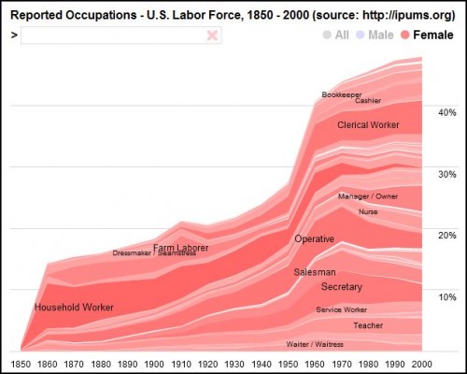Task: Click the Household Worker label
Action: pos(74,308)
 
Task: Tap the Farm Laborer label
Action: pos(180,248)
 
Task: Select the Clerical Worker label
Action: pos(368,124)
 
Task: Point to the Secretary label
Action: pos(341,286)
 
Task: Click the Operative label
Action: pos(314,239)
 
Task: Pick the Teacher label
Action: pos(367,325)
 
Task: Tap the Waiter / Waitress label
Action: pos(315,344)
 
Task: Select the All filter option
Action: pos(335,35)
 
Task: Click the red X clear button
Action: pos(212,35)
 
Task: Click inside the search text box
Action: pos(112,35)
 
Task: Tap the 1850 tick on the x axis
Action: pos(21,361)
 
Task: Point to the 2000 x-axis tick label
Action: pos(422,361)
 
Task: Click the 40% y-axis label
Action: pos(446,111)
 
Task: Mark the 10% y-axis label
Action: pos(446,297)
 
